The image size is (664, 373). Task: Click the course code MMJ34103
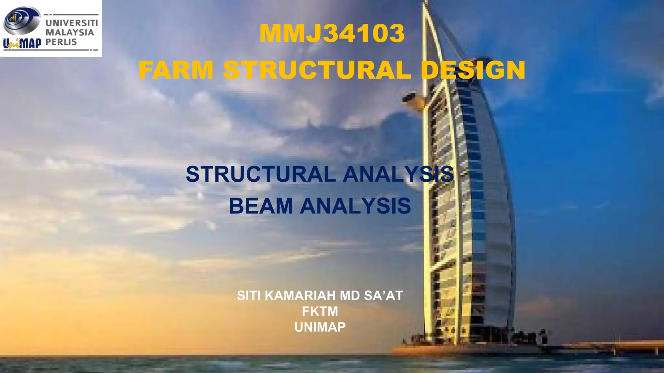pyautogui.click(x=332, y=33)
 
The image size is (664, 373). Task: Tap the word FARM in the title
pyautogui.click(x=176, y=70)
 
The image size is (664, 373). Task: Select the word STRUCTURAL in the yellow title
pyautogui.click(x=317, y=70)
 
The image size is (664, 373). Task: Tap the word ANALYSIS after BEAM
pyautogui.click(x=355, y=206)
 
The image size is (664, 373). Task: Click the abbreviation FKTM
pyautogui.click(x=320, y=311)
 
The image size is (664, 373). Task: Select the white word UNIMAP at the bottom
pyautogui.click(x=320, y=327)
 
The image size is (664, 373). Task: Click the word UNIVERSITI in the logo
pyautogui.click(x=72, y=23)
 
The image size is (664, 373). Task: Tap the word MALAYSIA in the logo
pyautogui.click(x=70, y=32)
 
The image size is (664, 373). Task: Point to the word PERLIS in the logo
pyautogui.click(x=61, y=42)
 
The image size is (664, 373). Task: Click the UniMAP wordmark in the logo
pyautogui.click(x=22, y=43)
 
